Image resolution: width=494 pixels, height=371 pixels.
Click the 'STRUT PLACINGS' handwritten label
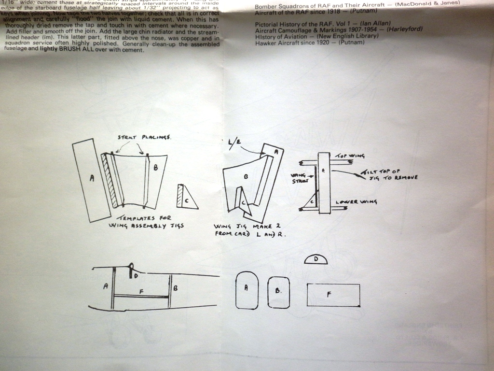(144, 138)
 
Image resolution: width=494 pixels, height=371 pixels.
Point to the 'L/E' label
(233, 143)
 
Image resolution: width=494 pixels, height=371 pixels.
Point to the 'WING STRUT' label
(299, 178)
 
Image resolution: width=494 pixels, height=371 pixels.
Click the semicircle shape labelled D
(316, 259)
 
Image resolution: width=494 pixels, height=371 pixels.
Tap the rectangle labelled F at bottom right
(333, 295)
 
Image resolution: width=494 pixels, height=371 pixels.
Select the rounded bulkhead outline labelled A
(247, 290)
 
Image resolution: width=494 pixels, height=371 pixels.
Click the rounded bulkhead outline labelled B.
(278, 292)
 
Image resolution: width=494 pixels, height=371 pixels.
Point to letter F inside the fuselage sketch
(141, 291)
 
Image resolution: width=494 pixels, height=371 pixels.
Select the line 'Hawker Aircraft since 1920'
(309, 43)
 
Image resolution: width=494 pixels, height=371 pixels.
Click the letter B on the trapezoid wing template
(155, 168)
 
